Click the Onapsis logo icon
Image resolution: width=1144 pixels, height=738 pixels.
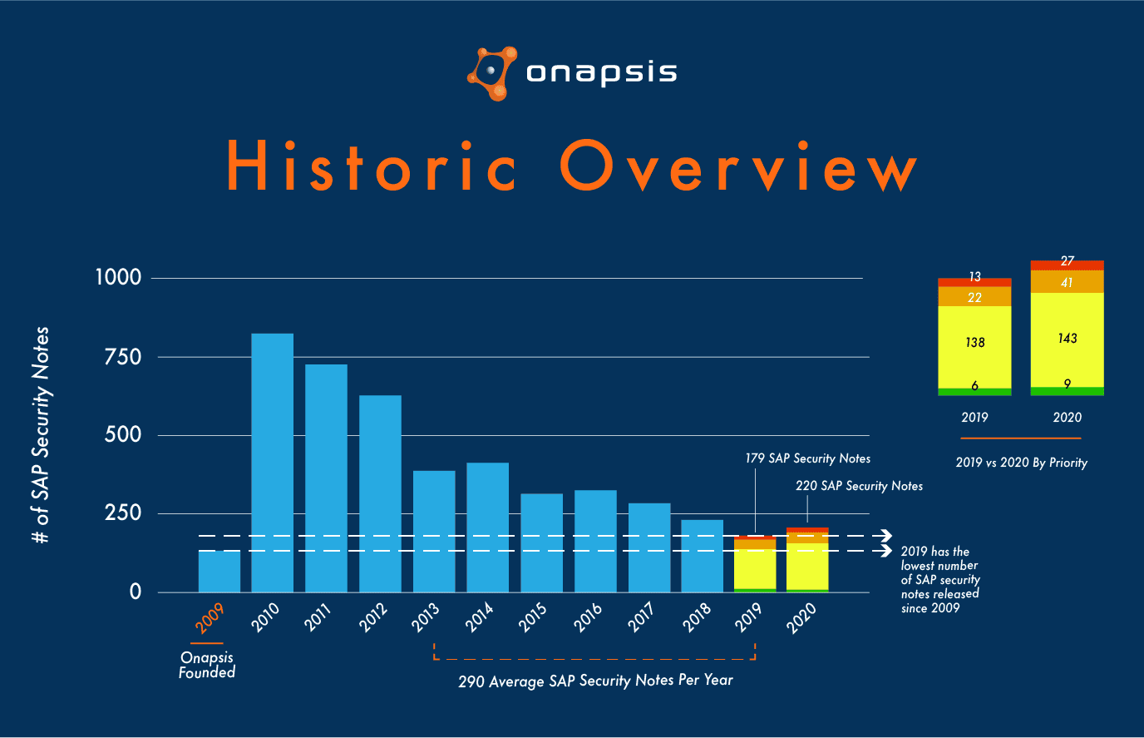pyautogui.click(x=492, y=73)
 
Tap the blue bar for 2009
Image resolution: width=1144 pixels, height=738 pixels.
pyautogui.click(x=219, y=572)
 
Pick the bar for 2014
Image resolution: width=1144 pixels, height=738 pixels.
pyautogui.click(x=487, y=527)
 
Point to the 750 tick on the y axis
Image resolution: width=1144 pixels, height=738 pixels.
pyautogui.click(x=123, y=357)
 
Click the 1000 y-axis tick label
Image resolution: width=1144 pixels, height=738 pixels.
pyautogui.click(x=118, y=277)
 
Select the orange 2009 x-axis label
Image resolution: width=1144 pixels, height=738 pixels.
pyautogui.click(x=210, y=618)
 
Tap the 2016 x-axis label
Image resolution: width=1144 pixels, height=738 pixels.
pyautogui.click(x=588, y=618)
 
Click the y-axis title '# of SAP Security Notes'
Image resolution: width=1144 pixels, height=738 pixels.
pyautogui.click(x=41, y=435)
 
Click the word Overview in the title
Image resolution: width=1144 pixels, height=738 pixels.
pyautogui.click(x=738, y=167)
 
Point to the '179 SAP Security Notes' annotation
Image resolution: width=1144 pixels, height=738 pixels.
pyautogui.click(x=807, y=458)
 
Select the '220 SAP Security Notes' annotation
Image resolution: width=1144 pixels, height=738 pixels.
pyautogui.click(x=859, y=486)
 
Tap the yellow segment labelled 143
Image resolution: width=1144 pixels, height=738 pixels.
pyautogui.click(x=1068, y=339)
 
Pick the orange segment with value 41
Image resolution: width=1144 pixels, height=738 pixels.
pyautogui.click(x=1068, y=282)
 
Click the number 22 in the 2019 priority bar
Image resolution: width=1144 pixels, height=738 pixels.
pyautogui.click(x=974, y=297)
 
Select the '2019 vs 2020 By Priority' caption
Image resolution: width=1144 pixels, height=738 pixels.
pyautogui.click(x=1021, y=463)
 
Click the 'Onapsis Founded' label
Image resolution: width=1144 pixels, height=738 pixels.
pyautogui.click(x=207, y=665)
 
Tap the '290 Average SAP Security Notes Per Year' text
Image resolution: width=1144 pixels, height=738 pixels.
pyautogui.click(x=595, y=681)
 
